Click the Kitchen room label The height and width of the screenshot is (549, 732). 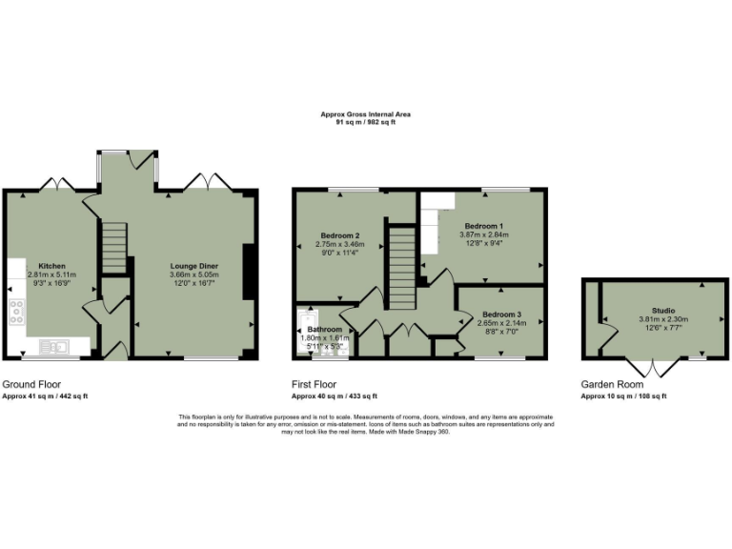(51, 266)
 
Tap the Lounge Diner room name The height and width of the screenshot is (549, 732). (194, 266)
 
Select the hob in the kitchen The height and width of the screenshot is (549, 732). (16, 312)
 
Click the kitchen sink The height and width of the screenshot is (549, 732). (57, 346)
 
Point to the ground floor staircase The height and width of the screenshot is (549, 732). (114, 245)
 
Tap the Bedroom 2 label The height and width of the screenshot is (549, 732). (339, 235)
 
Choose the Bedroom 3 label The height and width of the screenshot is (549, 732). (501, 315)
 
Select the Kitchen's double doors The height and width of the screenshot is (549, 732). (59, 181)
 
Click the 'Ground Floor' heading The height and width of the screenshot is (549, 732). (29, 384)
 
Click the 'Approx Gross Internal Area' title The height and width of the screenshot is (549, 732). (365, 114)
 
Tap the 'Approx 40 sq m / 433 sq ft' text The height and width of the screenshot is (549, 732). (334, 396)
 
